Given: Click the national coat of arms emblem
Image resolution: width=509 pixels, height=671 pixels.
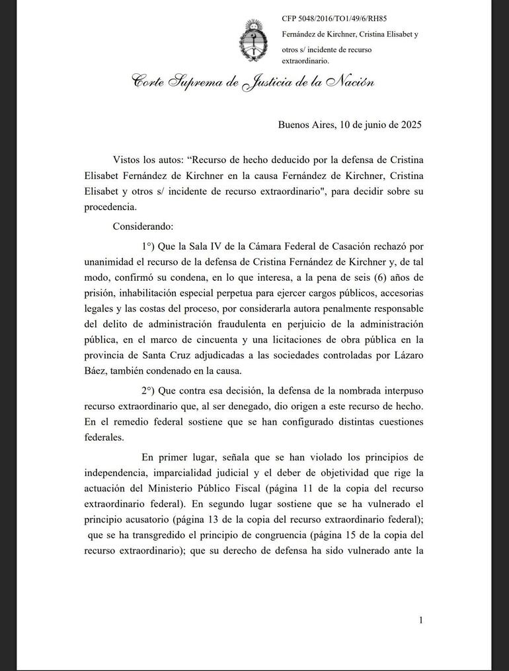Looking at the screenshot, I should pos(253,41).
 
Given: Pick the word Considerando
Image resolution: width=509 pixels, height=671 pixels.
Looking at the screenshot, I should pos(143,226).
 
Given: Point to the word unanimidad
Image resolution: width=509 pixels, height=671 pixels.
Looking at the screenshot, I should pos(113,261).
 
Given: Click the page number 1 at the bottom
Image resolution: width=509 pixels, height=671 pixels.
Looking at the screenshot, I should pos(420,619).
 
